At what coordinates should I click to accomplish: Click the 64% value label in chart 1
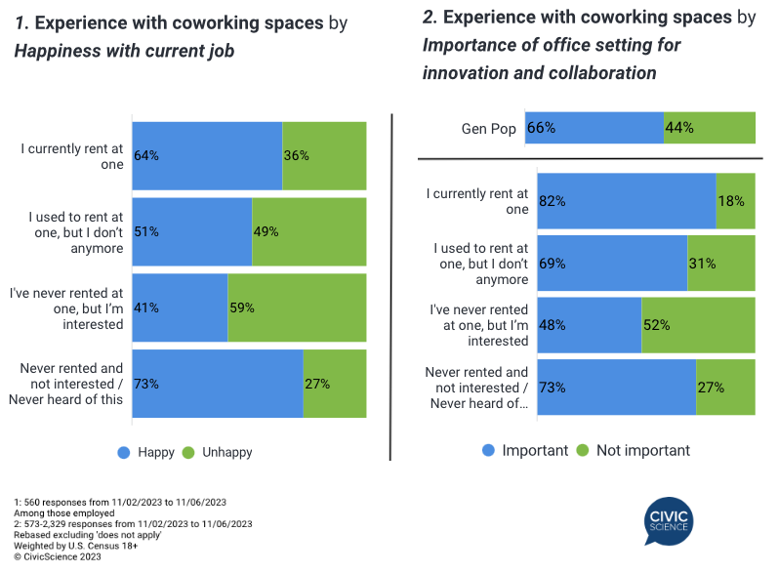click(146, 155)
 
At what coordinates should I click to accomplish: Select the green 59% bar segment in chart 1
click(297, 307)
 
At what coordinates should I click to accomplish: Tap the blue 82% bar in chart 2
click(626, 201)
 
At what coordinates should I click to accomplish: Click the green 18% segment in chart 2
click(735, 201)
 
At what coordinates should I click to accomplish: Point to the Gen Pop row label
click(488, 128)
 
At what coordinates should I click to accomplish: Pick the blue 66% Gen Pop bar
click(594, 128)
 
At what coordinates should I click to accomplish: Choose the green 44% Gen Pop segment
click(710, 128)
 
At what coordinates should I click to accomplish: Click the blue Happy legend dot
click(124, 452)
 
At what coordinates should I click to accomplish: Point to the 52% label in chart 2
click(656, 325)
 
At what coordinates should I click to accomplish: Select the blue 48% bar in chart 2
click(589, 325)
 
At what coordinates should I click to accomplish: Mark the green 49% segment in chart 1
click(308, 231)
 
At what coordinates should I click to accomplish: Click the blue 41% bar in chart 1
click(180, 307)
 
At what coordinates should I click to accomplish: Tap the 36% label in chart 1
click(297, 155)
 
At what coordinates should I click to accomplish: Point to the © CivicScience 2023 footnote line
click(58, 556)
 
